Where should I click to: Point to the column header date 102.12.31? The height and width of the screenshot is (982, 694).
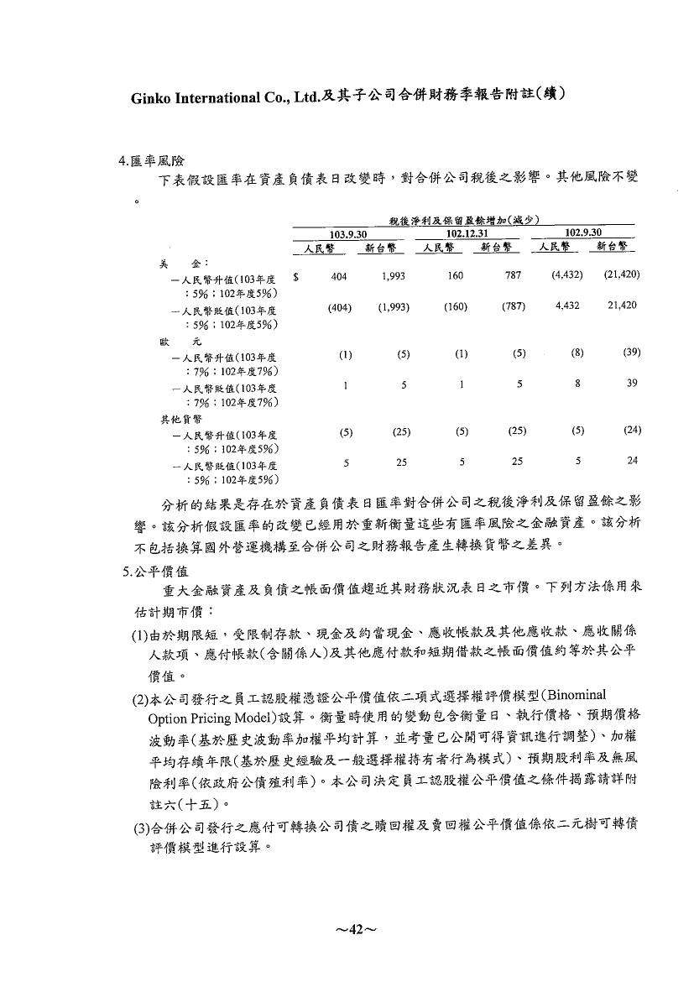[467, 233]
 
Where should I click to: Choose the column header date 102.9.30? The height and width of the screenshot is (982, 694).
[584, 232]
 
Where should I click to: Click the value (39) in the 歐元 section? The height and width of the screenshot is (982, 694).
[631, 353]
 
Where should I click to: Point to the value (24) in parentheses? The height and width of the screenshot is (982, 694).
[631, 431]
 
